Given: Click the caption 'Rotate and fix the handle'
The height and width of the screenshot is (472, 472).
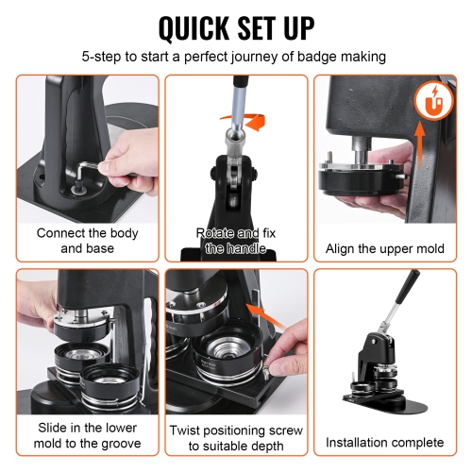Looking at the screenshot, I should point(235,241).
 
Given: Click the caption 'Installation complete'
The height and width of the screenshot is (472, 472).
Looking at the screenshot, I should point(383,441).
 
